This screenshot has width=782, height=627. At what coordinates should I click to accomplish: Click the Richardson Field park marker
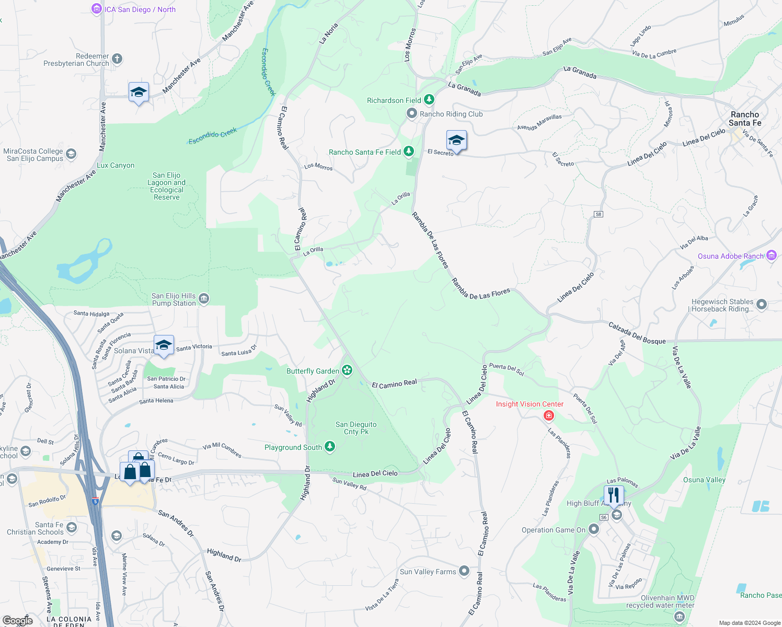point(429,99)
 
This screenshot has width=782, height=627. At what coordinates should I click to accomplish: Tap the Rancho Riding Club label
point(451,114)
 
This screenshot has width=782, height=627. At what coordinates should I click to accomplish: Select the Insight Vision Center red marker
point(548,415)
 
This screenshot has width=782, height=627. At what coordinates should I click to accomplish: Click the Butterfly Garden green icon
point(347,370)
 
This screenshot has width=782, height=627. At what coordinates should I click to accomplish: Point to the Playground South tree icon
point(329,447)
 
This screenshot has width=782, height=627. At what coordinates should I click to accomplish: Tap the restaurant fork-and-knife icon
point(613,494)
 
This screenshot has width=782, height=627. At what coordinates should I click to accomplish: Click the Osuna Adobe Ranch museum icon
point(772,256)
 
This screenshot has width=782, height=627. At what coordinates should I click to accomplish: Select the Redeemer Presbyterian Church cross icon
point(117,59)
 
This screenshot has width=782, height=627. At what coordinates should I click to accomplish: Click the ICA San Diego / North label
point(140,9)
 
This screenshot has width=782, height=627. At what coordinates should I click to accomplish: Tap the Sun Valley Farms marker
point(464,571)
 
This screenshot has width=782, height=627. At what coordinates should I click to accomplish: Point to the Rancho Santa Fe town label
point(745,119)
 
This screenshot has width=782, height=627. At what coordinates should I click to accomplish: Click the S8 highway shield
point(599,214)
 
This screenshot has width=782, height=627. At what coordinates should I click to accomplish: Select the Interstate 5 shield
point(95,502)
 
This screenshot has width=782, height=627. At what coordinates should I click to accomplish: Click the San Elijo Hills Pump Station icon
point(204,299)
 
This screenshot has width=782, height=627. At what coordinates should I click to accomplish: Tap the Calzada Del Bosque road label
point(637,333)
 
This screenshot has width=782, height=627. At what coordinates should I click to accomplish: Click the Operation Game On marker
point(593,529)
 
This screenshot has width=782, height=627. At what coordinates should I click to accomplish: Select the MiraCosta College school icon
point(71,154)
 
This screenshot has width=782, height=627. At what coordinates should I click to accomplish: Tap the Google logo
point(17,620)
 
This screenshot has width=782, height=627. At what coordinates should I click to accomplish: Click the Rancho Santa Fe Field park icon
point(409,152)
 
